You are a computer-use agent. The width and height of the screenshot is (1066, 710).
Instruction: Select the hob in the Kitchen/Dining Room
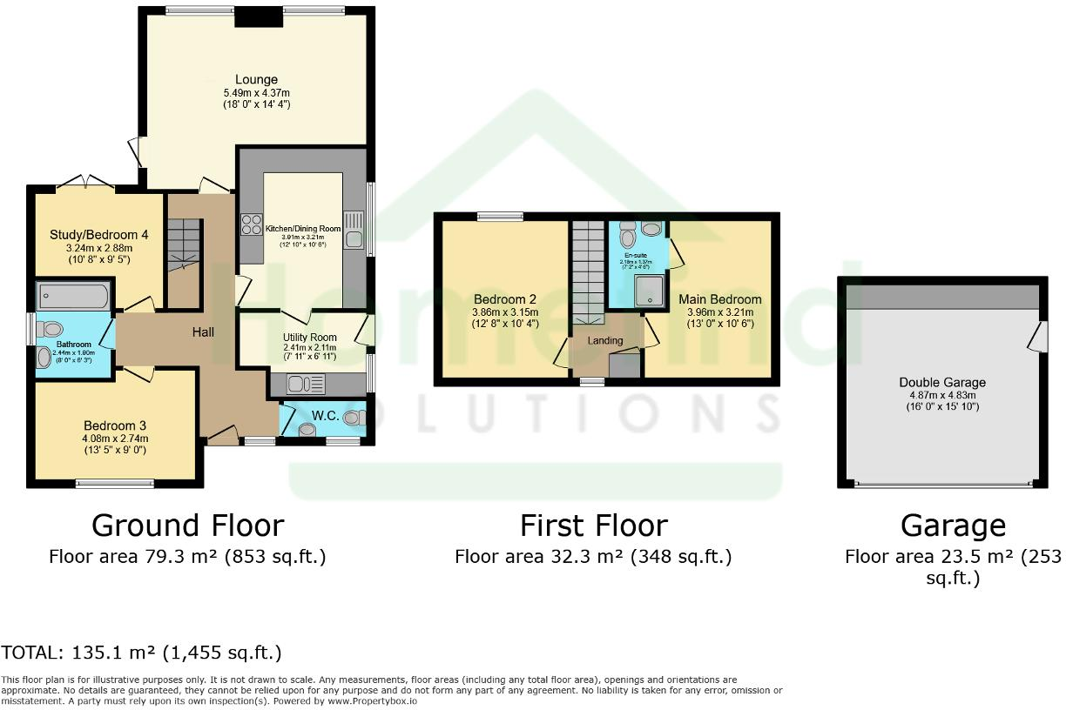(252, 224)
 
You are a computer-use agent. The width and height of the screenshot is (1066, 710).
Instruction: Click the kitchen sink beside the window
(354, 238)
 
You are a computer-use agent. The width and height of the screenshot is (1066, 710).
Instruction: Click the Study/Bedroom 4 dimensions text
(95, 252)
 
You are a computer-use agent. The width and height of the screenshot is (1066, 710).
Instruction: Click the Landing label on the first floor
(605, 340)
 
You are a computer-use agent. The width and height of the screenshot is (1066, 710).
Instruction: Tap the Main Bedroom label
(720, 299)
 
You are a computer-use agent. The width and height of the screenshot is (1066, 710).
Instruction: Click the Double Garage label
(942, 382)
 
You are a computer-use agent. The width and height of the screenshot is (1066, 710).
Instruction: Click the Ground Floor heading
(187, 526)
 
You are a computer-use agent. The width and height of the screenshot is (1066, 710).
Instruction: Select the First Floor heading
(593, 526)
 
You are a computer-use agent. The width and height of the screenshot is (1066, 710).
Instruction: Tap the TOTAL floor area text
(141, 653)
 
